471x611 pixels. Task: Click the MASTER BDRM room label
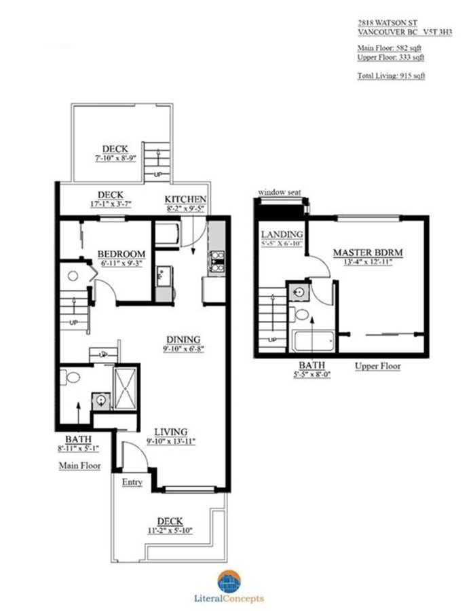368,252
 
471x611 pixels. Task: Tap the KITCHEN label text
185,199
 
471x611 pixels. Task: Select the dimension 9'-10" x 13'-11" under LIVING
171,441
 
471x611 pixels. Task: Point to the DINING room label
183,339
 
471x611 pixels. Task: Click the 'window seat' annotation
280,192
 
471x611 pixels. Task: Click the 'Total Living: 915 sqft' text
391,75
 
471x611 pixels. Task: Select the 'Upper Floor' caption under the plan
377,367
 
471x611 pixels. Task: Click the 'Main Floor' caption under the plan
79,466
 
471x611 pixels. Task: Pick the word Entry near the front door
132,482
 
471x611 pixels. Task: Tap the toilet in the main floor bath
71,377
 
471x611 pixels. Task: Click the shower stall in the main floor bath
125,388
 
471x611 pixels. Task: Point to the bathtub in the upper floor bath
314,341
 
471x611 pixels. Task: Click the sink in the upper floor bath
299,292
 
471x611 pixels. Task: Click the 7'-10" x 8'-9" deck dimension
115,158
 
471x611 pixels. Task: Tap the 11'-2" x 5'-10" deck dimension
170,530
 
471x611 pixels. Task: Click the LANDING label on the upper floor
282,234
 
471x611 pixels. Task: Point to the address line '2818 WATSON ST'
388,23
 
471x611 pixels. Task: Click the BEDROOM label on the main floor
121,254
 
